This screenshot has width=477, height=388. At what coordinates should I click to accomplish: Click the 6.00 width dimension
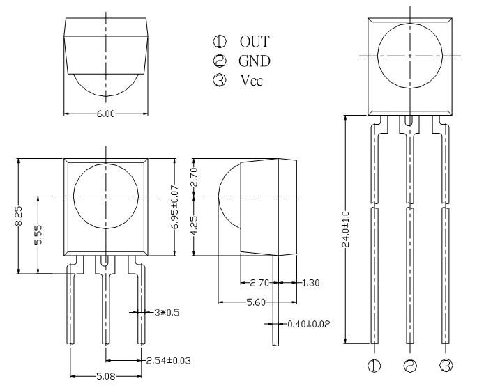point(106,114)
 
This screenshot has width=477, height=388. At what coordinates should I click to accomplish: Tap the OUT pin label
point(255,42)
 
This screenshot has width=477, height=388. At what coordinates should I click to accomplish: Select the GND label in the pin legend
point(255,61)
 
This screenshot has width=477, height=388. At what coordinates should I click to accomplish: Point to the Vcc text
point(251,80)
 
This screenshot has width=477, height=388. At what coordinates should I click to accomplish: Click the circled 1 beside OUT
point(220,41)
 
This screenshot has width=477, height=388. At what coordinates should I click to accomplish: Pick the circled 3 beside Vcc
point(220,80)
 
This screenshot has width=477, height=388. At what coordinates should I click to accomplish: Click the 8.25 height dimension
point(19,216)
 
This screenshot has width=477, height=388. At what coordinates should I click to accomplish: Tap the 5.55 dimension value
point(38,235)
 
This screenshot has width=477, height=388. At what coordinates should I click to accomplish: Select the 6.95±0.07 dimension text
point(175,207)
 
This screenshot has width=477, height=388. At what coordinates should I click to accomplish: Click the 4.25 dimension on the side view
point(194,225)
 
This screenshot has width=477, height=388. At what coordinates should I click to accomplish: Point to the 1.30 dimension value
point(311,283)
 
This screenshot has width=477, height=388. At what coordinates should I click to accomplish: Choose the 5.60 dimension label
point(256,302)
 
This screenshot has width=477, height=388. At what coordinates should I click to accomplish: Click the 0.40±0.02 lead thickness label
point(309,324)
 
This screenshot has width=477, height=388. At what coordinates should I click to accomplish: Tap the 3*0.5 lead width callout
point(167,312)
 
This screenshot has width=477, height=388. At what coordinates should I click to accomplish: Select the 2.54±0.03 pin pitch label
point(169,361)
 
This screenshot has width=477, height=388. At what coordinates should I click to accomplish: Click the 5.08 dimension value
point(106,377)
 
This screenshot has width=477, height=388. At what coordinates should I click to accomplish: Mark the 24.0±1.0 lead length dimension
point(346,229)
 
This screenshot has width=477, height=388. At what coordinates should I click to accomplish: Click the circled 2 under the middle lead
point(410,366)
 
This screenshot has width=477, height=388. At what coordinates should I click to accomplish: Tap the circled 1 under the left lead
point(374,366)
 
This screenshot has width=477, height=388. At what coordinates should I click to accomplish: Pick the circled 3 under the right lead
point(446,366)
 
